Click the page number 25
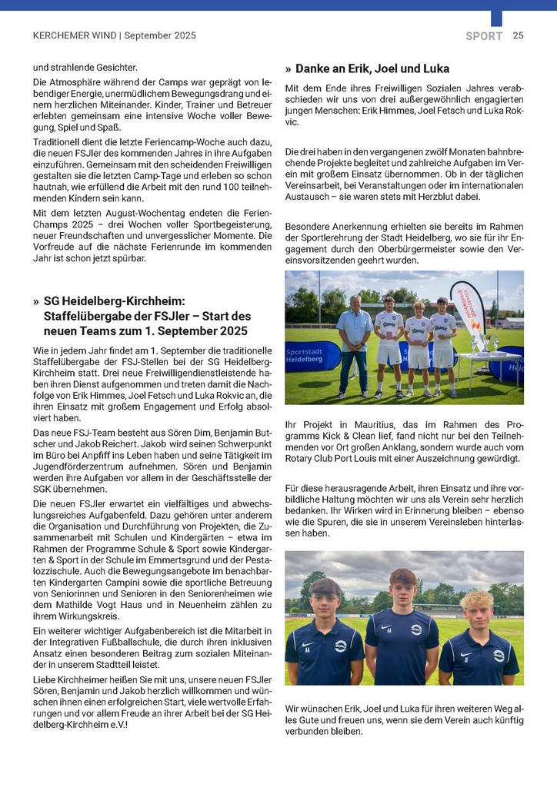[518, 35]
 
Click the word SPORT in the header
[484, 36]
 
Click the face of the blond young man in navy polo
[476, 605]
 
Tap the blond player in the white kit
[418, 347]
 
